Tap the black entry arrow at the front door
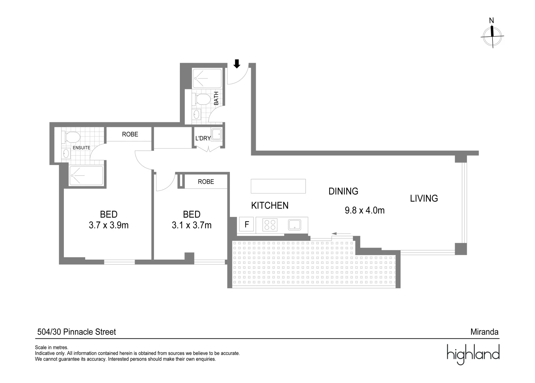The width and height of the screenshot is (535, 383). point(237,64)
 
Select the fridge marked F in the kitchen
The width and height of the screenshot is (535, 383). point(247,224)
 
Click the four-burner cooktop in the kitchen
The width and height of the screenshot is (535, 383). point(270,225)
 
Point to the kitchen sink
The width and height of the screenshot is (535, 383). point(294,224)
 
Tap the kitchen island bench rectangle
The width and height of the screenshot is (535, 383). point(278,186)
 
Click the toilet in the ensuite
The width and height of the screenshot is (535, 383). point(72,137)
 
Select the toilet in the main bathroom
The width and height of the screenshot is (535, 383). point(202,99)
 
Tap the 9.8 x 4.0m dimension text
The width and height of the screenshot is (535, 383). point(364,210)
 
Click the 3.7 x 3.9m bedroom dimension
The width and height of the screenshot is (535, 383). point(109,225)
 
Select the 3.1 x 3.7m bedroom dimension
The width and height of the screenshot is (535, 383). point(192,225)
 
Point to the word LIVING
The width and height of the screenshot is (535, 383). point(424,198)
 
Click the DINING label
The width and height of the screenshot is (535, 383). point(343,191)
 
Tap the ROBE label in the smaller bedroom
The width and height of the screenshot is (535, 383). point(206,182)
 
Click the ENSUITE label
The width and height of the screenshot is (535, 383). point(81,148)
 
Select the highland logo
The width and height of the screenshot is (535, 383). point(473,354)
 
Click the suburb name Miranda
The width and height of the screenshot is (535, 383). point(484,332)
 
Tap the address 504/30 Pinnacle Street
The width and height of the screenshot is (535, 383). point(77,332)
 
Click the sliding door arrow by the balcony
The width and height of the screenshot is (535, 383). point(341,234)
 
